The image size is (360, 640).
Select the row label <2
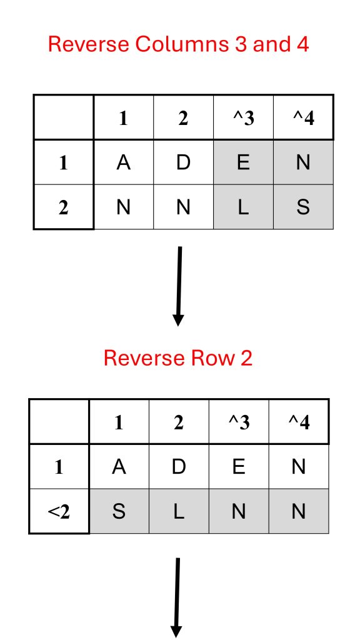(59, 511)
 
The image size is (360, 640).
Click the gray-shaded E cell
(243, 162)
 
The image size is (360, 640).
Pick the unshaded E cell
(239, 466)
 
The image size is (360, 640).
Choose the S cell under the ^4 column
(303, 207)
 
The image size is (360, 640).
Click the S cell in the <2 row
(119, 511)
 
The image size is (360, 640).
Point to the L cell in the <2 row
(179, 511)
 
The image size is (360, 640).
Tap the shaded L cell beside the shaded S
(243, 207)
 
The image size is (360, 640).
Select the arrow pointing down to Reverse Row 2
(178, 286)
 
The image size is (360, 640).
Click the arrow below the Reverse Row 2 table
(176, 598)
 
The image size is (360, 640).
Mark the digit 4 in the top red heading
(302, 44)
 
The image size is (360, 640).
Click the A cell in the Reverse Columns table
(123, 162)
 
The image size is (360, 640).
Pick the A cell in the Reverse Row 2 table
(119, 466)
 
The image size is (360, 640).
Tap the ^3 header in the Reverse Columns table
(243, 118)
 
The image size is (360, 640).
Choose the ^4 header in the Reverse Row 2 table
(299, 422)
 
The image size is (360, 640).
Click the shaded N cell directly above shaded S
(303, 162)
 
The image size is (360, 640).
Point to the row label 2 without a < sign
(63, 207)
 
